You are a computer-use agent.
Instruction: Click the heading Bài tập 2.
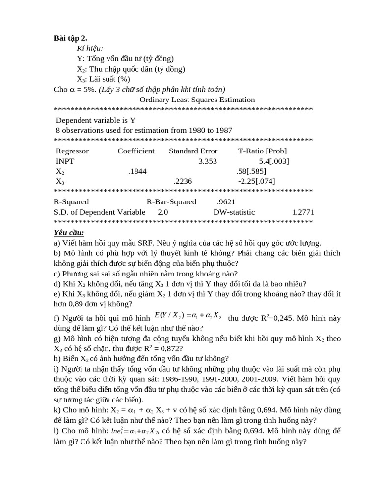point(71,38)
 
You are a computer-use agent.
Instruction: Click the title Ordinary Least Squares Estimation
point(197,100)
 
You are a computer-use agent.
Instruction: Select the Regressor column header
point(72,151)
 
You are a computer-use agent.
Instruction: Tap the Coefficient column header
point(135,151)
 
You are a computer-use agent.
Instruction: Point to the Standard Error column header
point(193,151)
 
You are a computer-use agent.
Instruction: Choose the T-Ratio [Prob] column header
point(262,151)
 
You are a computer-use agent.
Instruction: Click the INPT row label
point(65,161)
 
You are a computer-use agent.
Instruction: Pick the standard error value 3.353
point(207,161)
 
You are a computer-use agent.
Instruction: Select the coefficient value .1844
point(137,171)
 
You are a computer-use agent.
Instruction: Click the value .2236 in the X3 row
point(183,181)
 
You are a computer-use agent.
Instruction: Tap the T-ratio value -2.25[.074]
point(256,181)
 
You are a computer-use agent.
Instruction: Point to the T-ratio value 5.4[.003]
point(273,161)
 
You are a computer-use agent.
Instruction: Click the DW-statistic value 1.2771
point(303,212)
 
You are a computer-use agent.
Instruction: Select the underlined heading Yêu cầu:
point(69,232)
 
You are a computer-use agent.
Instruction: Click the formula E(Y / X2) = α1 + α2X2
point(188,316)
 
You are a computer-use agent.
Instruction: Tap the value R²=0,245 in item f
point(272,318)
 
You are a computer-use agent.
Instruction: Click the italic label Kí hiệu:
point(90,49)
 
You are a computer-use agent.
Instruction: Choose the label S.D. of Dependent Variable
point(100,212)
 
